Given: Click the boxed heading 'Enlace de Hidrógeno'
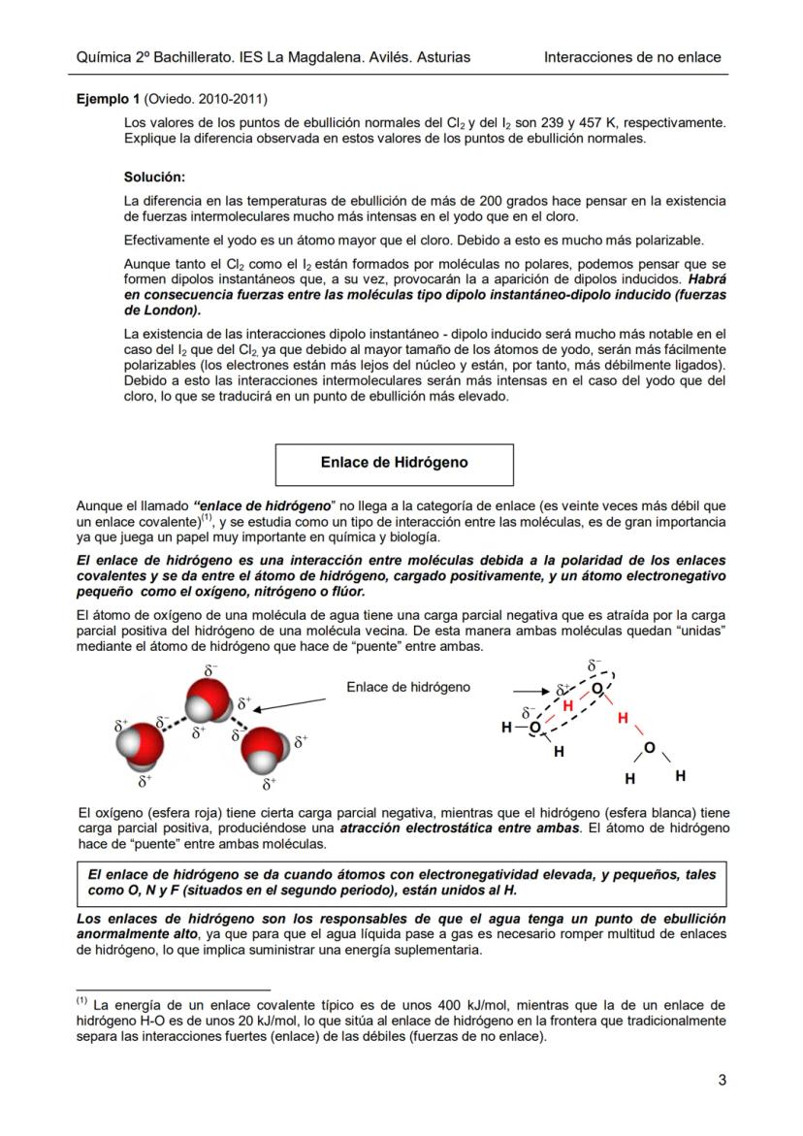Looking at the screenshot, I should [394, 463].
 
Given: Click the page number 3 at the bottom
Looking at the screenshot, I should [722, 1080].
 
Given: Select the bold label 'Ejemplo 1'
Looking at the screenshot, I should [108, 99].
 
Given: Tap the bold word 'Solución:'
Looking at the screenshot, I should [154, 178].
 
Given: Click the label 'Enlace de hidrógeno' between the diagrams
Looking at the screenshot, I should [408, 687].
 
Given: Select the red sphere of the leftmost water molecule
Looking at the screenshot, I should [141, 745].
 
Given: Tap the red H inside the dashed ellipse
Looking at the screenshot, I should [568, 706].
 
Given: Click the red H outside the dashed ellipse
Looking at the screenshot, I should [623, 718].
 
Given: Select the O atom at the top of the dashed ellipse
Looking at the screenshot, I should [597, 688].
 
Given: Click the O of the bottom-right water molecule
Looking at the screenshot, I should [649, 748].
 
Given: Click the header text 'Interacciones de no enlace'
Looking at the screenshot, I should [632, 57].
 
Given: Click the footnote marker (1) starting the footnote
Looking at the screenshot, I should [81, 1000].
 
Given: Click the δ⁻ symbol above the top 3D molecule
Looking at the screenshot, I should [210, 669].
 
